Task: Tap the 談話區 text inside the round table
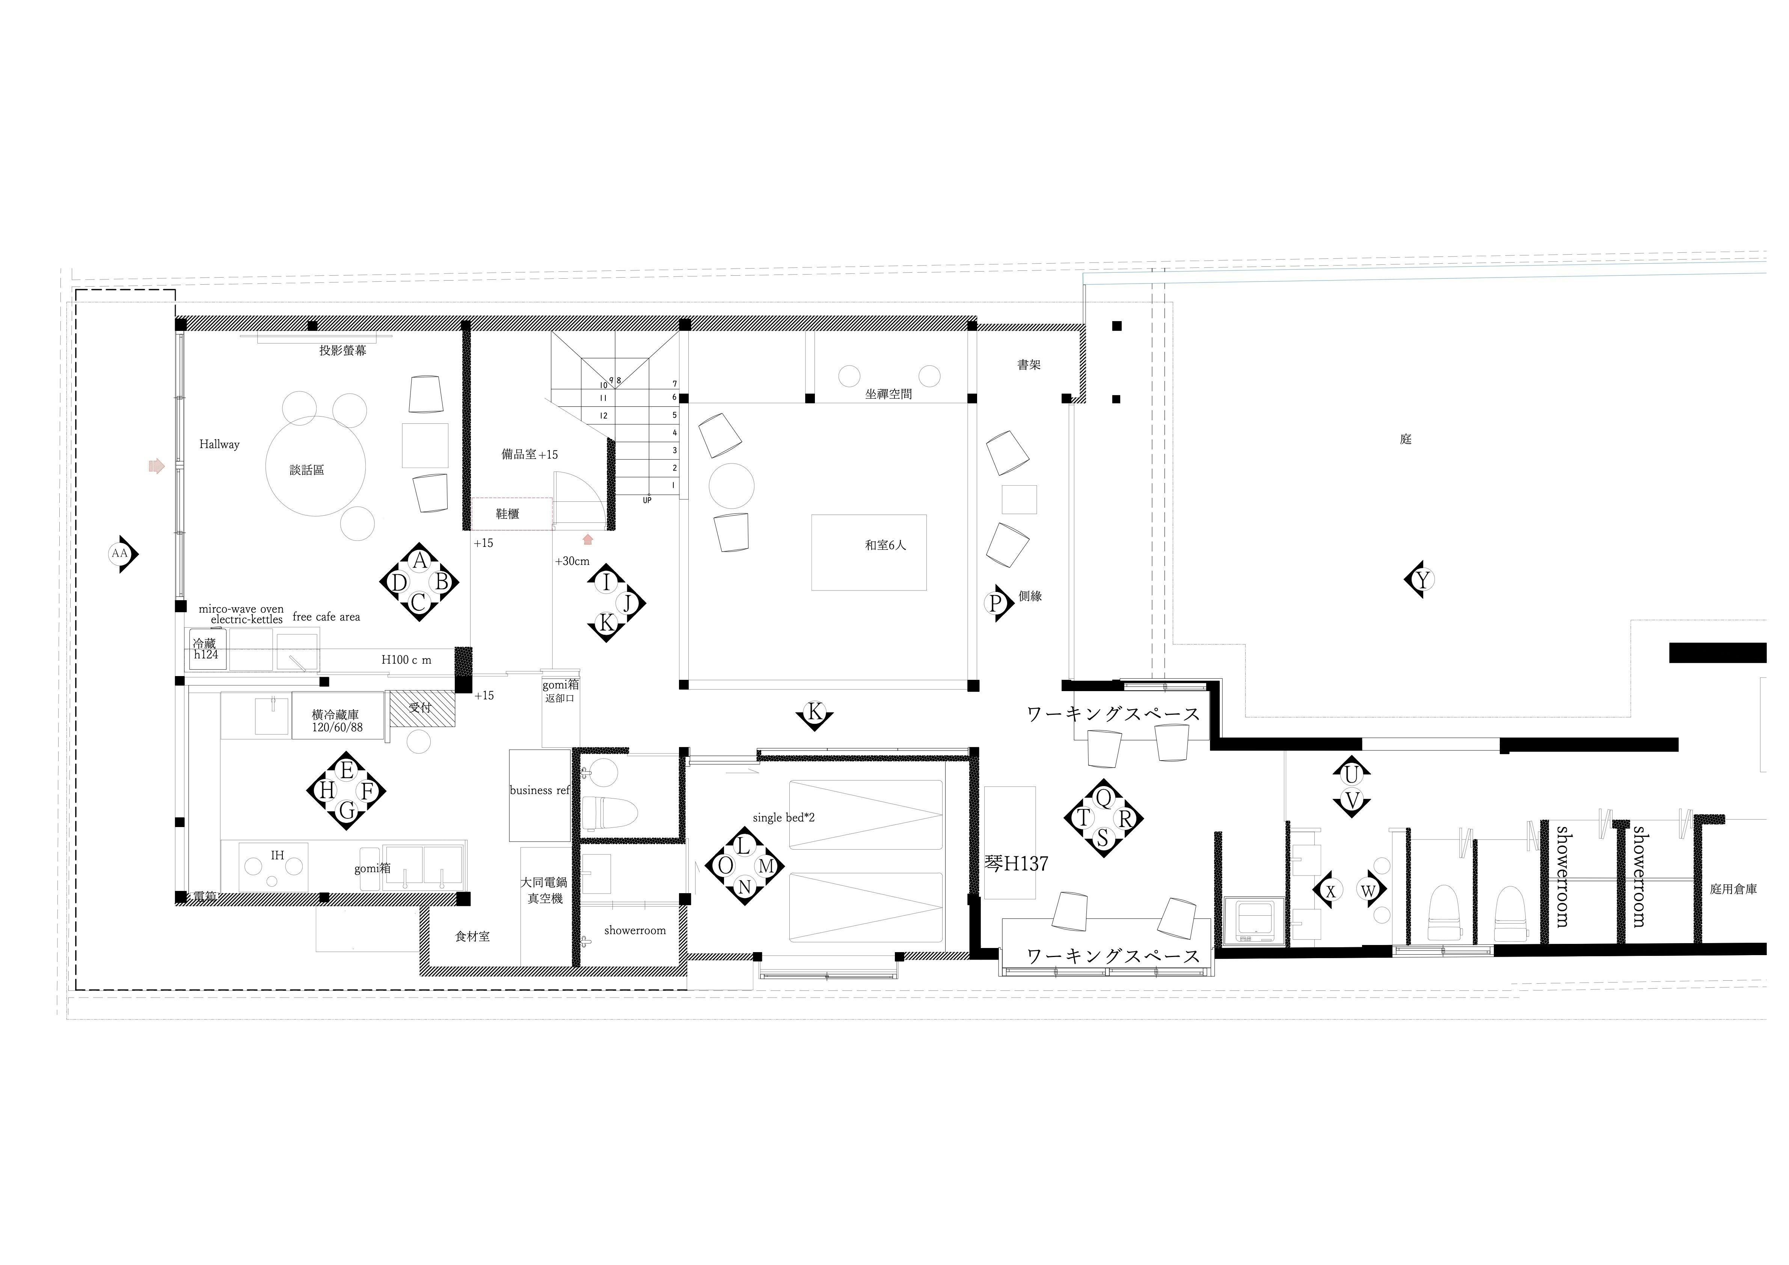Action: pyautogui.click(x=307, y=470)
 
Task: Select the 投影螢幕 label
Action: pyautogui.click(x=343, y=351)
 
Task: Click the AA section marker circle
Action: pyautogui.click(x=119, y=554)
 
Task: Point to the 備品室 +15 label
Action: pyautogui.click(x=530, y=454)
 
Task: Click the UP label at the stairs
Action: pyautogui.click(x=647, y=500)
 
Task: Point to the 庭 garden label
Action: pyautogui.click(x=1406, y=439)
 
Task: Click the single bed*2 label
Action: pyautogui.click(x=784, y=818)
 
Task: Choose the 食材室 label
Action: pyautogui.click(x=473, y=937)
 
